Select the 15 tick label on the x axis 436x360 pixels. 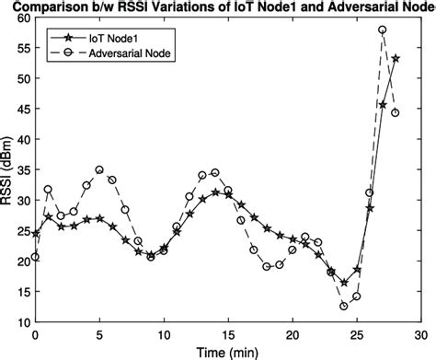[228, 335]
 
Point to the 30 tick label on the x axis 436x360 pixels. [420, 335]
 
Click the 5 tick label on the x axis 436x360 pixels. [99, 335]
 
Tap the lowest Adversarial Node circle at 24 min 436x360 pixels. [343, 306]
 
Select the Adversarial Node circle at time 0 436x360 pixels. [36, 257]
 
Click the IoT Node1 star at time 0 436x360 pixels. [36, 234]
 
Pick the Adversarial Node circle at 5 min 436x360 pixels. [99, 170]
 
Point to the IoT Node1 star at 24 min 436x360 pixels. [343, 283]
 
